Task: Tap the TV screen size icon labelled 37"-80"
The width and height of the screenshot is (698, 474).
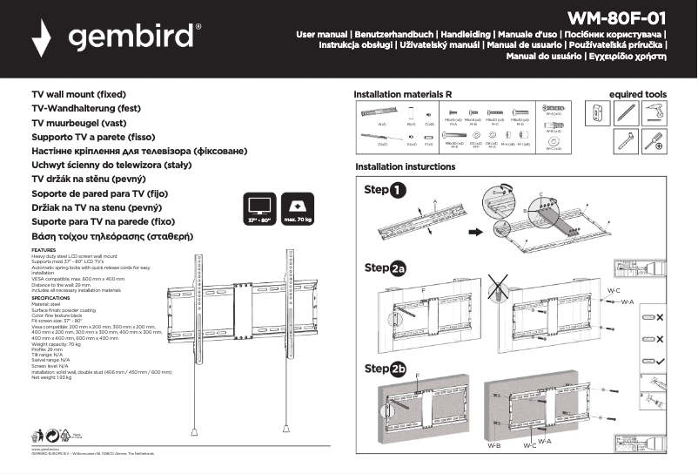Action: pyautogui.click(x=258, y=209)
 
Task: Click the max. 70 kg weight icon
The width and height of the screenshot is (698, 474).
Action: pyautogui.click(x=298, y=209)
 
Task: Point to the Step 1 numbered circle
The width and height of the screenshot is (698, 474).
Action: pyautogui.click(x=397, y=190)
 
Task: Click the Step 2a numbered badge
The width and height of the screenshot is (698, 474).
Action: pyautogui.click(x=399, y=268)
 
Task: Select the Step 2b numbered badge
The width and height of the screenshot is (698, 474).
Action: pyautogui.click(x=399, y=369)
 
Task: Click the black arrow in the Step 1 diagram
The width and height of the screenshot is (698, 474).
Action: pyautogui.click(x=476, y=232)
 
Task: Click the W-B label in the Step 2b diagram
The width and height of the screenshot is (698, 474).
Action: pyautogui.click(x=493, y=445)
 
